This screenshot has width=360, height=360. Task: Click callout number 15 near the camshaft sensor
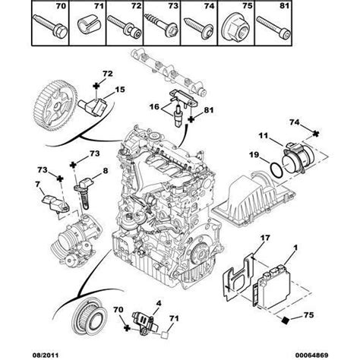[120, 91]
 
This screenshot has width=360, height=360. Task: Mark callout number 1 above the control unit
[295, 248]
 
